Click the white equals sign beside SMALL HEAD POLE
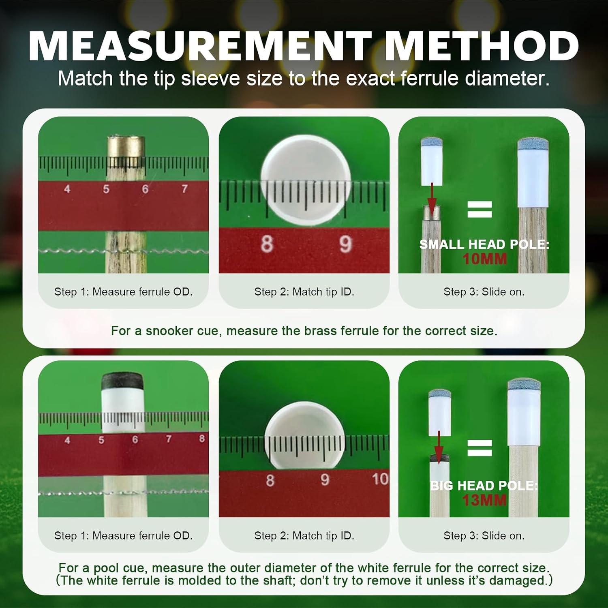480,209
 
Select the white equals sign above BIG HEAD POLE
480,448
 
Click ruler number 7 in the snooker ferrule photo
184,189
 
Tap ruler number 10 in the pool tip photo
380,479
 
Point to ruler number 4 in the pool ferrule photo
67,440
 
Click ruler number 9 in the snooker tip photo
345,244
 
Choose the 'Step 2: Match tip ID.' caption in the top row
304,292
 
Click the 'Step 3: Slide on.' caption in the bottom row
484,536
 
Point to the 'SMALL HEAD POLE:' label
484,244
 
